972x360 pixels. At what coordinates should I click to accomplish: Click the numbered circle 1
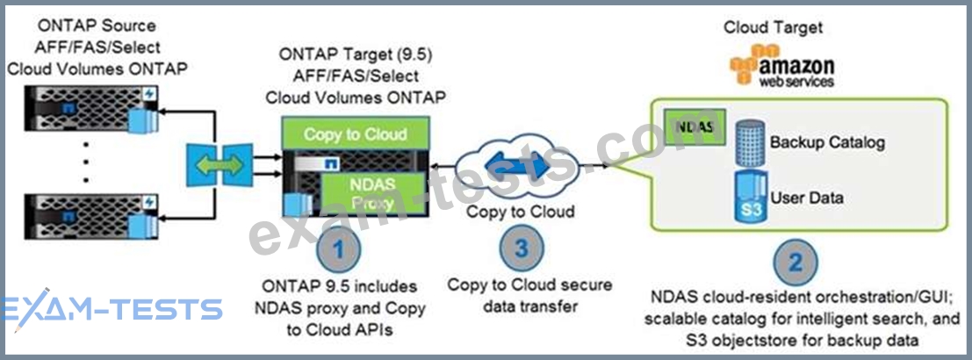(337, 249)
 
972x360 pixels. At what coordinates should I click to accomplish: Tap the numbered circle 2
(795, 262)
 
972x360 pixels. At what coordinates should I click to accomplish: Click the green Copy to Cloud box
(356, 133)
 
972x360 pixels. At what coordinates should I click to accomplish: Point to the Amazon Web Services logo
(781, 66)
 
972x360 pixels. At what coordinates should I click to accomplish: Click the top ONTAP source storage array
(91, 109)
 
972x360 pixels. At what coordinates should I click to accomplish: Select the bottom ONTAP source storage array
(91, 217)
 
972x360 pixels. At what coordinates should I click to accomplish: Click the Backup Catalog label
(827, 142)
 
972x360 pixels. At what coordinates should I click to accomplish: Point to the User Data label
(806, 198)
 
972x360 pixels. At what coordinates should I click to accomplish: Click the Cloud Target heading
(773, 27)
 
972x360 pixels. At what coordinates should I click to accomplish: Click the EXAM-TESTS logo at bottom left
(112, 308)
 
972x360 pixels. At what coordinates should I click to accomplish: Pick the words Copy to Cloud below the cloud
(521, 212)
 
